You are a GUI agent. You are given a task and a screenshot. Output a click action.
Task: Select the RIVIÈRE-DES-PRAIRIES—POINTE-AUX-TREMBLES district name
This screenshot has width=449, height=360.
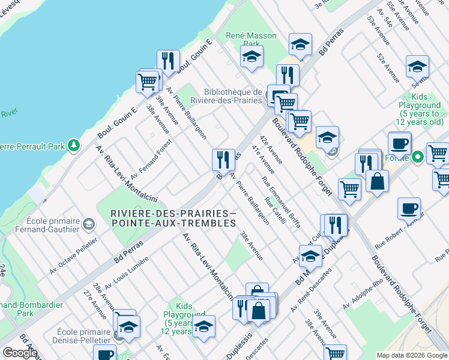tap(173, 218)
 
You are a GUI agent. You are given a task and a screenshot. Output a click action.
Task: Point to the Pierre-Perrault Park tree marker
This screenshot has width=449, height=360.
tap(74, 145)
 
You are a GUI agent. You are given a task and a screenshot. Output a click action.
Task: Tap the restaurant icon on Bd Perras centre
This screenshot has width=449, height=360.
tap(223, 160)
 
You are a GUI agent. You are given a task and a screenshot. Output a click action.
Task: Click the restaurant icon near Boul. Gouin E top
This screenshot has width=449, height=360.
tap(168, 61)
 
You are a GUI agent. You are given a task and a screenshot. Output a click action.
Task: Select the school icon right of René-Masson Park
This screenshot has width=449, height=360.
tap(300, 44)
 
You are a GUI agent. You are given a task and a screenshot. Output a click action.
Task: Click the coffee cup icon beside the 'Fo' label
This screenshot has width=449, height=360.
tap(399, 143)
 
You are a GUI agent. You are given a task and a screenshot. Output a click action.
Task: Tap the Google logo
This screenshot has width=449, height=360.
tap(20, 353)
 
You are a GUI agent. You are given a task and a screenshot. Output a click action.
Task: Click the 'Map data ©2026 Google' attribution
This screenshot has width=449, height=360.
tap(411, 355)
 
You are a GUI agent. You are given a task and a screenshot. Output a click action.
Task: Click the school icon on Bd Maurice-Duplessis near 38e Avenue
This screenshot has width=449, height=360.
tap(310, 256)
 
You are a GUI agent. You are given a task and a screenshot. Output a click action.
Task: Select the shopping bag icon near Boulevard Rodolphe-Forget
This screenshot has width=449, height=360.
tap(376, 181)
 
